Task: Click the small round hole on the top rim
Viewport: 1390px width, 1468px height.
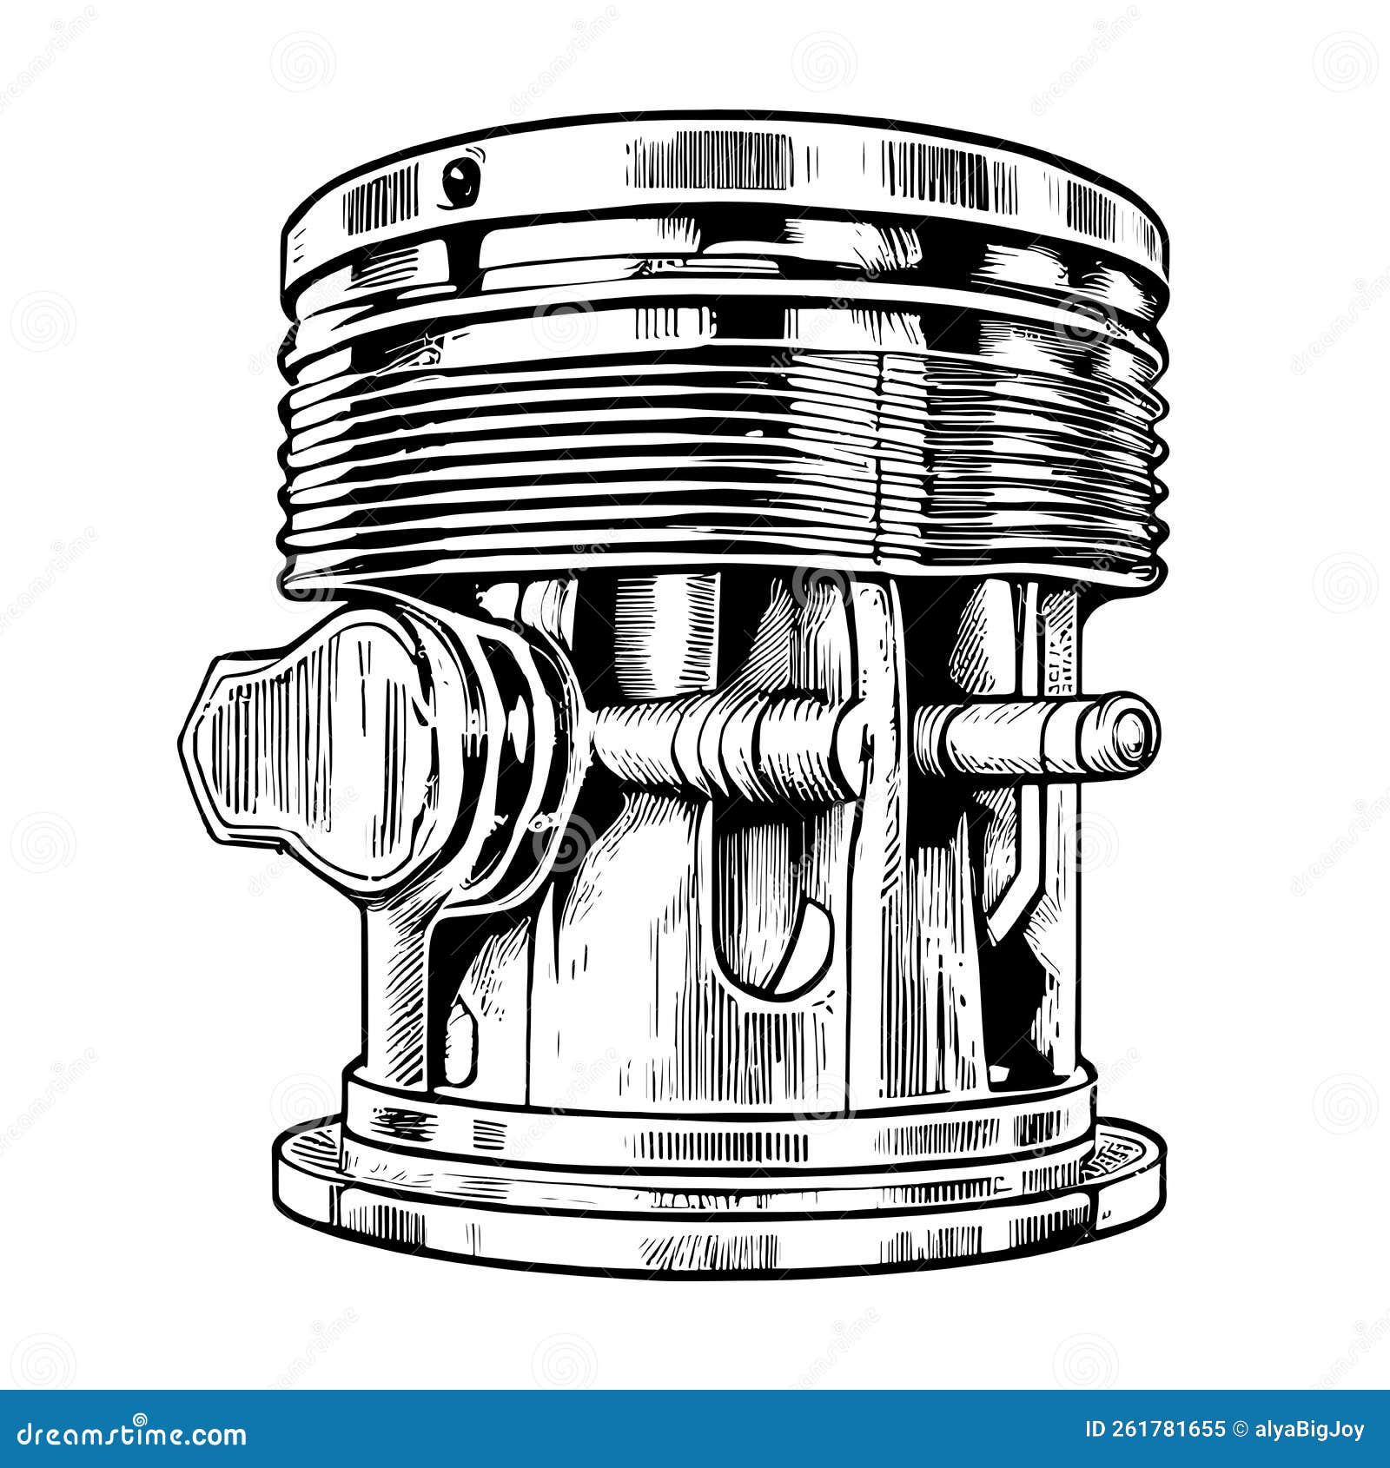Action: click(458, 179)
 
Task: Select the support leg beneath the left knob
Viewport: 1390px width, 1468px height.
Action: click(395, 982)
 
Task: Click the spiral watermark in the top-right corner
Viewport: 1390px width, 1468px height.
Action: click(1344, 61)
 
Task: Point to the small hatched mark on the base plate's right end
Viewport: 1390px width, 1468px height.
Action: click(1114, 1154)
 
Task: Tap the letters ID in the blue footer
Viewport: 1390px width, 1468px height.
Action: click(1096, 1430)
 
